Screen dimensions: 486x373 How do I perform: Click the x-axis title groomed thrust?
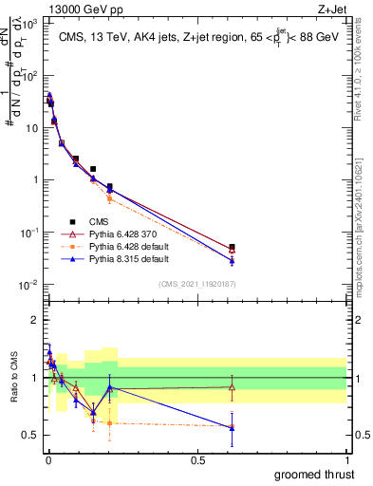click(315, 474)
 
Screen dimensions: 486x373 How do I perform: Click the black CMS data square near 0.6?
click(232, 247)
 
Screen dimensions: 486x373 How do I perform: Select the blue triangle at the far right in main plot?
click(232, 260)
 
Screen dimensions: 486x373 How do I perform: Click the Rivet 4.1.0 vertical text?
click(364, 66)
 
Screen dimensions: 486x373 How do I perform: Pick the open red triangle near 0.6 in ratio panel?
click(232, 386)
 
